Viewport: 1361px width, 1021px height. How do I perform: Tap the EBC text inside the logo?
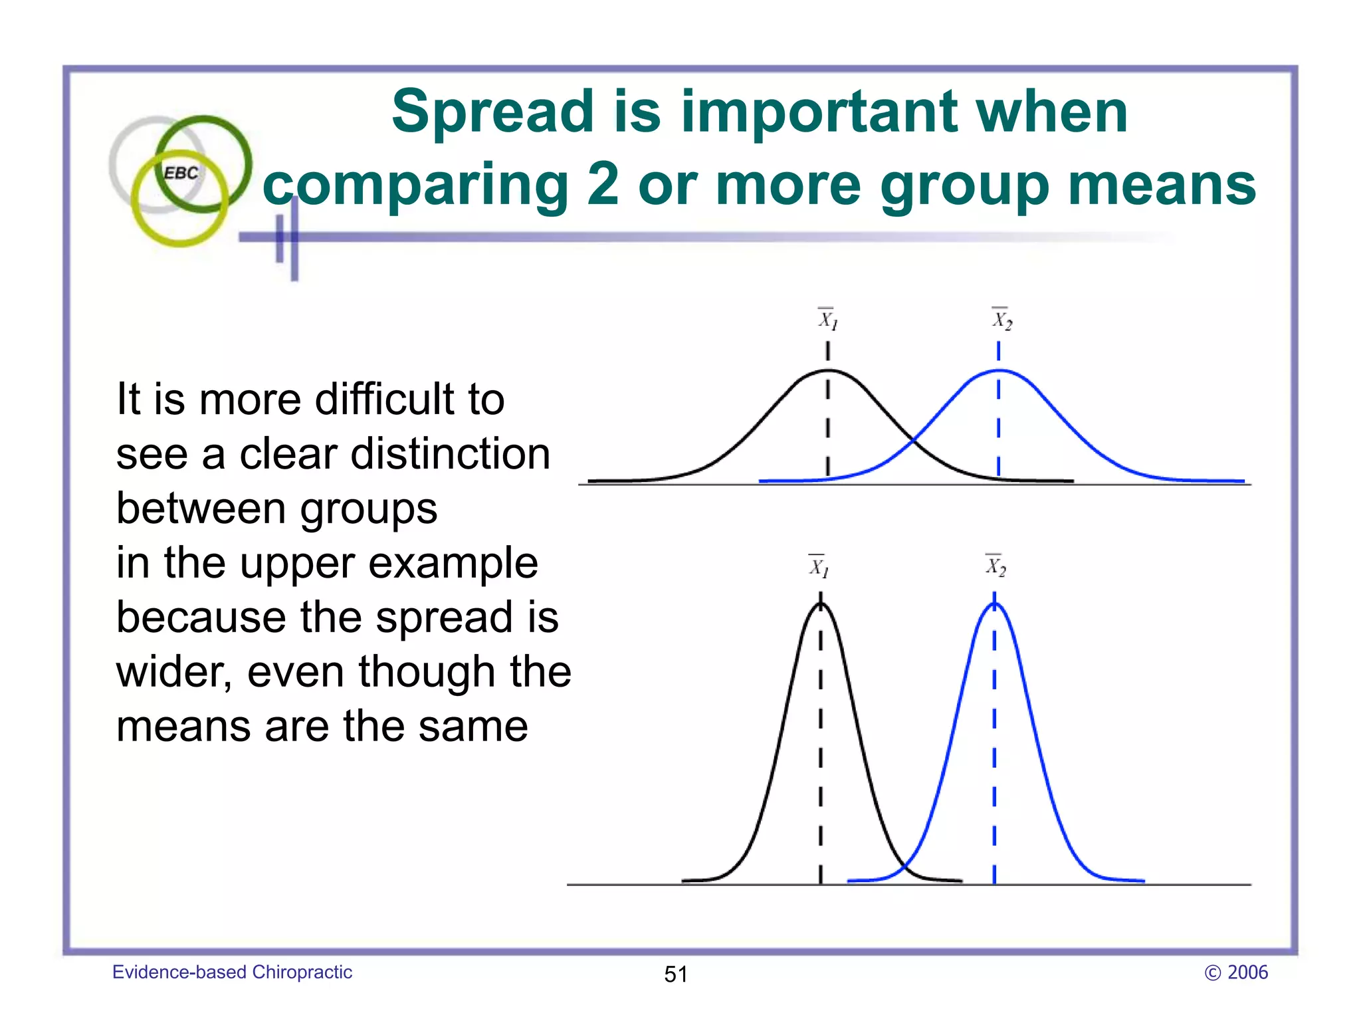click(181, 173)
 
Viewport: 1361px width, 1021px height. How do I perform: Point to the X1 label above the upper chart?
click(827, 320)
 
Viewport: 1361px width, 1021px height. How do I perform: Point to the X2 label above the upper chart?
click(1002, 320)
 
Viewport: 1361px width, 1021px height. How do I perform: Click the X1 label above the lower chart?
click(819, 566)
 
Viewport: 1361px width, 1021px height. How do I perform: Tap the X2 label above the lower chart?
click(995, 566)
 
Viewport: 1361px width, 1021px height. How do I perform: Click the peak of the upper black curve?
click(827, 370)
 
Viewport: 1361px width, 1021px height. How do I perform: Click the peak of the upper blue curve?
click(999, 370)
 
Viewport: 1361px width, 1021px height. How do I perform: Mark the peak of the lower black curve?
click(820, 604)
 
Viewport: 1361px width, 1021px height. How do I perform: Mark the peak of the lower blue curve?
click(995, 604)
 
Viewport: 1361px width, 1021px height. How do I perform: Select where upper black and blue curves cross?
click(913, 439)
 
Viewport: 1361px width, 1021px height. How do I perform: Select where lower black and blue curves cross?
click(905, 865)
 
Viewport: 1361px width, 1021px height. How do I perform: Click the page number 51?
click(676, 974)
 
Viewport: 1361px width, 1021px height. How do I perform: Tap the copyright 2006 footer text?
click(1236, 972)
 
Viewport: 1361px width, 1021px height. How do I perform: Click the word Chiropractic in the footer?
click(302, 972)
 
